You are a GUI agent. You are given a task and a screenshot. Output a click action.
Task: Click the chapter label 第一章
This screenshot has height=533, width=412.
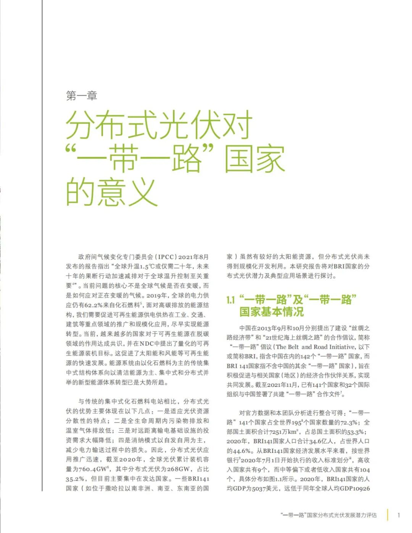[82, 95]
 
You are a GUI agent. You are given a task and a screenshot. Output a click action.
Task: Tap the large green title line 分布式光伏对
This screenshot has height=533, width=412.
[159, 125]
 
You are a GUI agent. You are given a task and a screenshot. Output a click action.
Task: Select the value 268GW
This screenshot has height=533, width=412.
[179, 469]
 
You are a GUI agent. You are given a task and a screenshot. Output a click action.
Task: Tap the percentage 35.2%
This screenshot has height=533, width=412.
[76, 479]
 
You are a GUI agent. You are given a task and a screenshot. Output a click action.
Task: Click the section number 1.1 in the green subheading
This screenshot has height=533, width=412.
[231, 300]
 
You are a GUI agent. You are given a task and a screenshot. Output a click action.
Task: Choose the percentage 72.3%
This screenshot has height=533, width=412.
[348, 423]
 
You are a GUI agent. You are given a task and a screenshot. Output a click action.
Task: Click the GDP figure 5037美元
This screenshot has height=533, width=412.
[266, 489]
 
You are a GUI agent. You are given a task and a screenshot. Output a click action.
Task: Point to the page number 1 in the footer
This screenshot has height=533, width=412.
[399, 515]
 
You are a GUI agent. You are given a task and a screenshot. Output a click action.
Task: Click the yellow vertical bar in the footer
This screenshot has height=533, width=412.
[388, 515]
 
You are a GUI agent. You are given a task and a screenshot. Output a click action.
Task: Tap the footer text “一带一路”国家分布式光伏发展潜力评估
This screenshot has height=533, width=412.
[328, 515]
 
